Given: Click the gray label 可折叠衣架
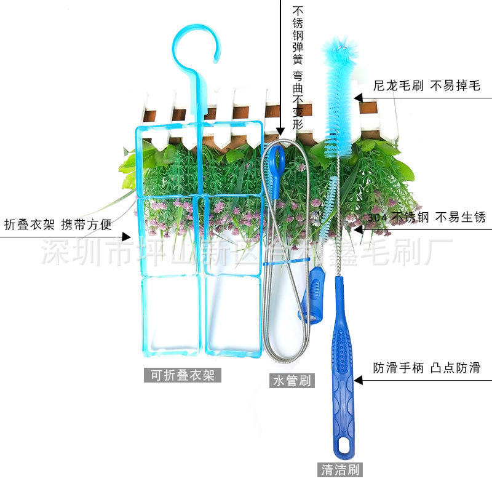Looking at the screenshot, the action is tap(183, 375).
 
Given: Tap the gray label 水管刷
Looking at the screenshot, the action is tap(292, 381).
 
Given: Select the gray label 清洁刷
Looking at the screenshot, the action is tap(340, 470).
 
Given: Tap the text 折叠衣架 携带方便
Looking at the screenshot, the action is tap(58, 224).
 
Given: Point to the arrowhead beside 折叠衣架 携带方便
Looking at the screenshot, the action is tap(127, 237).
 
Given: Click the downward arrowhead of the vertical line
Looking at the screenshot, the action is tap(280, 132).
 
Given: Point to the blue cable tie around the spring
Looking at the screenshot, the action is tap(287, 261).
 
